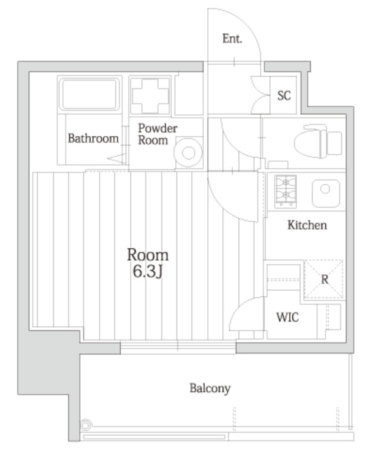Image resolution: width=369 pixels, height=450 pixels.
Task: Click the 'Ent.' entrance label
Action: pos(232,39)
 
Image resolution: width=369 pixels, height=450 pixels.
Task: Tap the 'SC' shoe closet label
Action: pos(284,95)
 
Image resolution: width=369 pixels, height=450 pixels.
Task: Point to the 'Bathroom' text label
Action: pos(94,138)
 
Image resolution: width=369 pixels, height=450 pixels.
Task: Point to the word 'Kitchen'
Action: pos(307,225)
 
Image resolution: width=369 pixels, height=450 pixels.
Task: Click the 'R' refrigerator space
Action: pos(324,279)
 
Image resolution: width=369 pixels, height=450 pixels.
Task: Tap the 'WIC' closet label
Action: pos(287,317)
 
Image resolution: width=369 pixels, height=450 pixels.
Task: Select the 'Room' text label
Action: pos(148,255)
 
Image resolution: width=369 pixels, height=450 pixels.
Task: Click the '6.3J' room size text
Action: pos(148,273)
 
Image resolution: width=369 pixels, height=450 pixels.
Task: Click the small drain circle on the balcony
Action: pos(85,426)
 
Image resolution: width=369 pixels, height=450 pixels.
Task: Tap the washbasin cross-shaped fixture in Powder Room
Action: pos(150,95)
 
